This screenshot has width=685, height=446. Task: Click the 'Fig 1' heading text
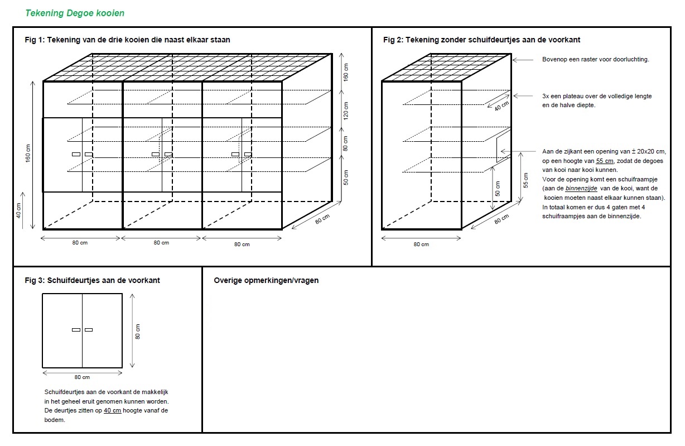pos(127,40)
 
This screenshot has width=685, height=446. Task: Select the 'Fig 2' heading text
pos(481,40)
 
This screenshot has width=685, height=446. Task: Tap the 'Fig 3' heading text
pos(92,280)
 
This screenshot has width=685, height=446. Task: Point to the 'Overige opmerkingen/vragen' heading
pos(266,280)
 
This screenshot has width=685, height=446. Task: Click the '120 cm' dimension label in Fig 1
pos(345,112)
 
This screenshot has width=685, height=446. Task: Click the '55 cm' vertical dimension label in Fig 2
pos(526,180)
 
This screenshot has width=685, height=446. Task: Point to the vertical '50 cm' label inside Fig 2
pos(498,188)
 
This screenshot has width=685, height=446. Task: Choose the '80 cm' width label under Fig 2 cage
pos(421,244)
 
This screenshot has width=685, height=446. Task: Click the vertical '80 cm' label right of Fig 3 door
pos(138,331)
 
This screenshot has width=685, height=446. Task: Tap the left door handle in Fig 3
pos(76,330)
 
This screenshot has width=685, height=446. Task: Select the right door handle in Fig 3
pos(89,330)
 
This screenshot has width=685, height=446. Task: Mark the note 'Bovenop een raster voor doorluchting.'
pos(595,59)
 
